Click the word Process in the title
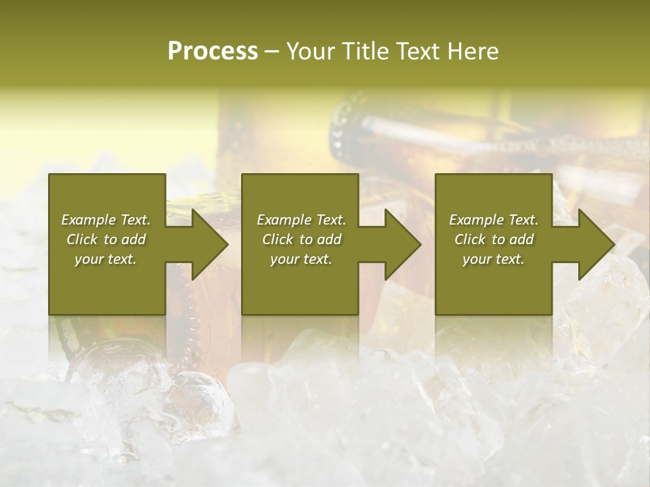pos(213,51)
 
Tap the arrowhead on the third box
pos(595,244)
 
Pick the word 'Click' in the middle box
pos(278,239)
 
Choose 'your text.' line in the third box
pos(493,259)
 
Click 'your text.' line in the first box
pos(106,259)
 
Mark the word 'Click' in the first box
pos(82,239)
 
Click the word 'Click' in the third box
pos(470,239)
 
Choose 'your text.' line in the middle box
pos(301,259)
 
